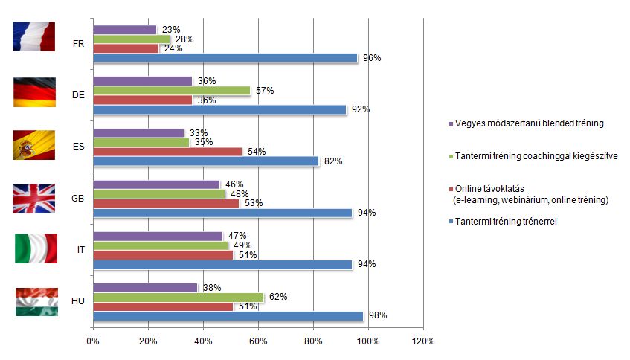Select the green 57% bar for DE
point(171,91)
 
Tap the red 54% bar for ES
point(167,152)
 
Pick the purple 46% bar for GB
point(156,184)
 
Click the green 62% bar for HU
point(178,298)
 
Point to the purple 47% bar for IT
point(158,236)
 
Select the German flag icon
point(34,91)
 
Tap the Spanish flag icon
point(34,145)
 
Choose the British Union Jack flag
point(34,199)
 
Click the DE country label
point(78,95)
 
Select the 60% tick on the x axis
point(258,341)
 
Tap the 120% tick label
point(423,341)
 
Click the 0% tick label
point(93,341)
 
